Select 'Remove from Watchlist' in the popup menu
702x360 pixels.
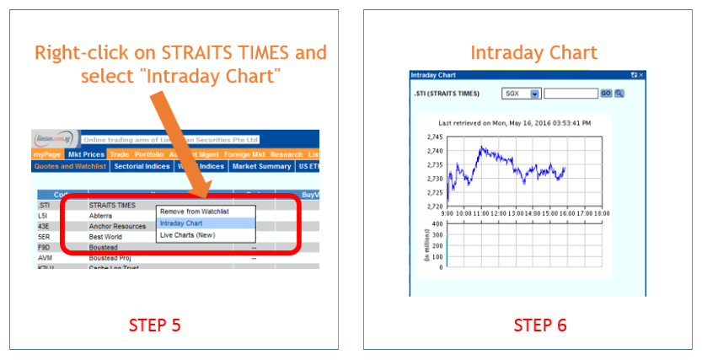pyautogui.click(x=195, y=212)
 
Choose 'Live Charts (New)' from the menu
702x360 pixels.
pyautogui.click(x=188, y=235)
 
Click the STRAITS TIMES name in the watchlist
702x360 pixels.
pyautogui.click(x=112, y=205)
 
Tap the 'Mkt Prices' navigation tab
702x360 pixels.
pyautogui.click(x=87, y=154)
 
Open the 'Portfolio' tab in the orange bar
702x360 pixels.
pyautogui.click(x=149, y=154)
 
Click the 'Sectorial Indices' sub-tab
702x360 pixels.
pyautogui.click(x=141, y=167)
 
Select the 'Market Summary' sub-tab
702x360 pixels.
pyautogui.click(x=261, y=167)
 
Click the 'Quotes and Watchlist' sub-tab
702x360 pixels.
pyautogui.click(x=70, y=167)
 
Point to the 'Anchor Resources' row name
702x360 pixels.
pyautogui.click(x=117, y=226)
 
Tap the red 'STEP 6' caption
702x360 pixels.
pyautogui.click(x=540, y=325)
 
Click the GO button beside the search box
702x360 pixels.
pyautogui.click(x=605, y=94)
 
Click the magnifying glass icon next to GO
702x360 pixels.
pyautogui.click(x=618, y=94)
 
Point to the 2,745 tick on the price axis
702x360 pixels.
pyautogui.click(x=435, y=137)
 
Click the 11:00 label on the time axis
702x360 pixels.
pyautogui.click(x=481, y=213)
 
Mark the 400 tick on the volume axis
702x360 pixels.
pyautogui.click(x=438, y=225)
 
